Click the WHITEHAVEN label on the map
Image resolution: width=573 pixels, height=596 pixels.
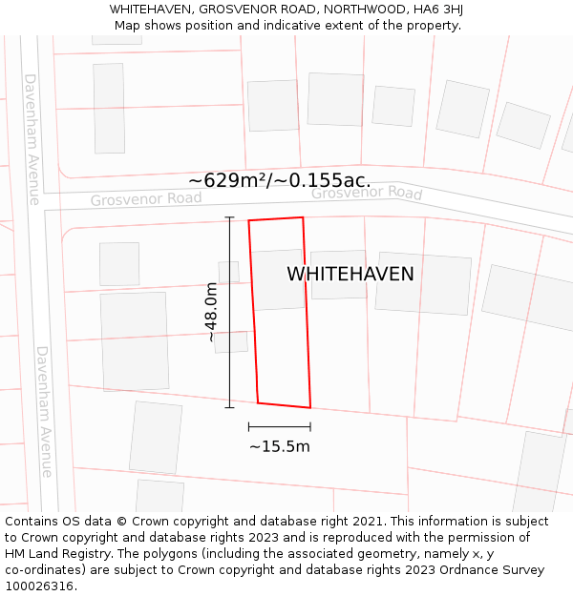[x=350, y=275]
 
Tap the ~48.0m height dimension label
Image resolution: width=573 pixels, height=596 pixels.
[x=211, y=312]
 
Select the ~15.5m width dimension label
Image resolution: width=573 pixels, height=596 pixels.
[x=280, y=446]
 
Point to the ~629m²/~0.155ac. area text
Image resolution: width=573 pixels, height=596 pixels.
[x=280, y=180]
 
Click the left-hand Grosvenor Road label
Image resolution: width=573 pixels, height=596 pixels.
[x=146, y=199]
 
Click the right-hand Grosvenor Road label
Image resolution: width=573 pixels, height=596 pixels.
[x=367, y=193]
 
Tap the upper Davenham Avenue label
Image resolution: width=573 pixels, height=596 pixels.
[x=32, y=139]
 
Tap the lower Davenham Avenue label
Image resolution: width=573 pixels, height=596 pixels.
[x=44, y=411]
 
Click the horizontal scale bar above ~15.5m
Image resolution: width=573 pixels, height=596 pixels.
[x=280, y=426]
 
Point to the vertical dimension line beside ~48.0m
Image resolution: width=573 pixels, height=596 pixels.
[x=229, y=312]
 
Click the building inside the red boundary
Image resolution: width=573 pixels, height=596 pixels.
[x=279, y=279]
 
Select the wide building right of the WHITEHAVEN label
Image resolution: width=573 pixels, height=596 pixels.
[x=423, y=283]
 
